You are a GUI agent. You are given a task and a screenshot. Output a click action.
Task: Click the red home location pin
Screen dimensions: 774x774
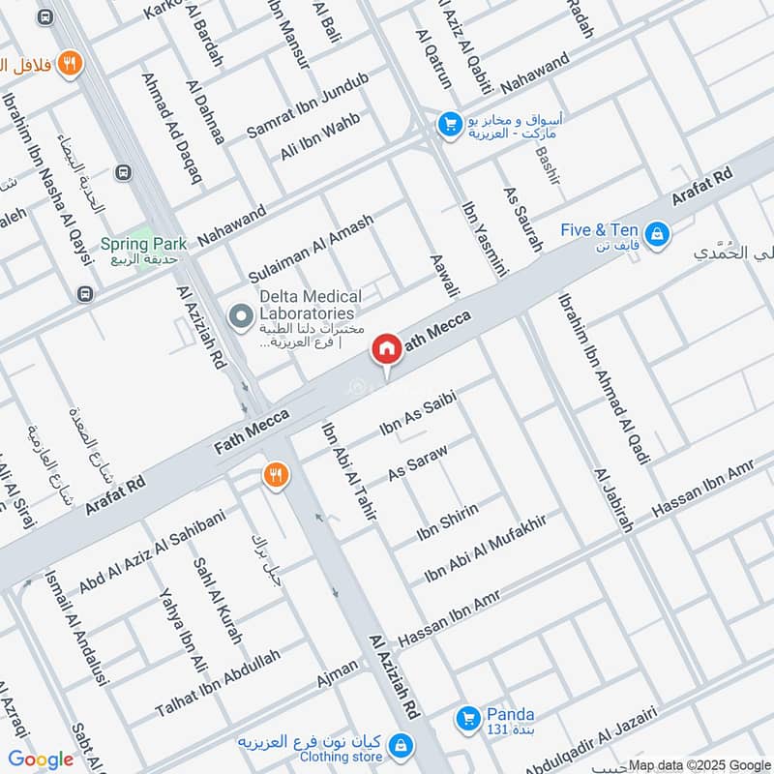click(x=386, y=349)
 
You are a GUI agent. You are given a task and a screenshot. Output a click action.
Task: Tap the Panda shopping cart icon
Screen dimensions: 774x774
click(x=468, y=718)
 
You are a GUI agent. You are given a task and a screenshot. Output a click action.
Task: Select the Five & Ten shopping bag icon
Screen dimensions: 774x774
click(x=657, y=233)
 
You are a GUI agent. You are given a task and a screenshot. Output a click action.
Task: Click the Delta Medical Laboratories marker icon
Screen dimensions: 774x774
click(x=239, y=314)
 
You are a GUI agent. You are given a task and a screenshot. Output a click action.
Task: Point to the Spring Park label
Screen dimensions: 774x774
click(x=143, y=245)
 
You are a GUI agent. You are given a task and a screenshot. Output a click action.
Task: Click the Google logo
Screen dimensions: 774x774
click(x=40, y=759)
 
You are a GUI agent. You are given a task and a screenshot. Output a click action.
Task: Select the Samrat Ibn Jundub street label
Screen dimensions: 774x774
click(x=308, y=104)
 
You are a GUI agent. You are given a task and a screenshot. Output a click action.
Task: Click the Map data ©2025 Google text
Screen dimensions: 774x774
click(x=698, y=763)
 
